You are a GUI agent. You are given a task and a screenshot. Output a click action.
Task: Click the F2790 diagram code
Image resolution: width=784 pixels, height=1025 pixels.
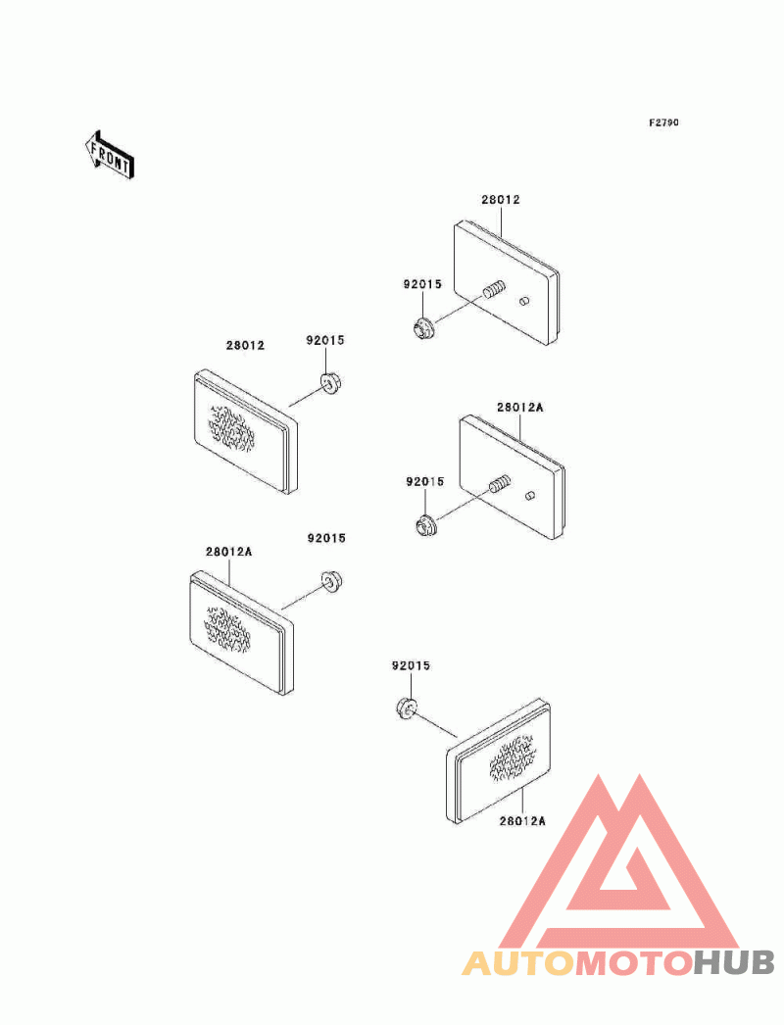663,123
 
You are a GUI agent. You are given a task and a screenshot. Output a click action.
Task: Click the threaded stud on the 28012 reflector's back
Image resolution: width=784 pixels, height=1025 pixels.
493,290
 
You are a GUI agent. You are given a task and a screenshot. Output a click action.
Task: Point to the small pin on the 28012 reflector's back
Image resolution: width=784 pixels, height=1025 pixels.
524,300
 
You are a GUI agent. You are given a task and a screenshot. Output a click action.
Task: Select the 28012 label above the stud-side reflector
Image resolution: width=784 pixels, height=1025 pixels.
500,200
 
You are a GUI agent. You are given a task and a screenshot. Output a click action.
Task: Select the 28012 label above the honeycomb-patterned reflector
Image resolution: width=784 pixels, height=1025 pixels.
245,346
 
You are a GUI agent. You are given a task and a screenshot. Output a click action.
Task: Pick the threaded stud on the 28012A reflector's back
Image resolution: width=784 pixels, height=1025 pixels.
499,484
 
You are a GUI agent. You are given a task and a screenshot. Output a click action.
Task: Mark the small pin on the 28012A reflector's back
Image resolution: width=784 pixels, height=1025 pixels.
529,495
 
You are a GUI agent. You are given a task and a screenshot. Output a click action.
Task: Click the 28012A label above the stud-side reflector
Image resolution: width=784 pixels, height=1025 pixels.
519,407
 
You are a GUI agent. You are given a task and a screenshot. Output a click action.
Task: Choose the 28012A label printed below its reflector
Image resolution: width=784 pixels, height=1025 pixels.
520,821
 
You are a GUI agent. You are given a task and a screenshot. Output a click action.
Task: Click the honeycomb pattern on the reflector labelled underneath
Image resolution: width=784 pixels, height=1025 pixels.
511,758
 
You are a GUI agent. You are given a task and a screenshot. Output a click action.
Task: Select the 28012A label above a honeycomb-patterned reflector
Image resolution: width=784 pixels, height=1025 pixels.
229,552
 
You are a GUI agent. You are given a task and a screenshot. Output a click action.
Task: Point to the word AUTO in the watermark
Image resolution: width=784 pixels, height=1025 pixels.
518,963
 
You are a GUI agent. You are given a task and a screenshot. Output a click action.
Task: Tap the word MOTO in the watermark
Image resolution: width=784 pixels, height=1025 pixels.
633,963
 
